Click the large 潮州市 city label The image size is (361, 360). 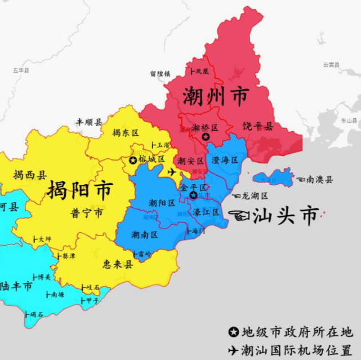215,97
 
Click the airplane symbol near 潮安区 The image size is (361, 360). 172,172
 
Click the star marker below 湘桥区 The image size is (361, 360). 206,137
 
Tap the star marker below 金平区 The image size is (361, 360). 193,195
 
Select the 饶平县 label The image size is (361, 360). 258,126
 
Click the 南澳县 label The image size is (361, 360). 319,179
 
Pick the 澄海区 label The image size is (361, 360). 225,160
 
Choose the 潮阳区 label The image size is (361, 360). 162,203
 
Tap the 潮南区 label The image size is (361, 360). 144,234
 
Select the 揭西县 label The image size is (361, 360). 30,175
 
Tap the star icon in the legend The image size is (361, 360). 233,332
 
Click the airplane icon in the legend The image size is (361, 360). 233,349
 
